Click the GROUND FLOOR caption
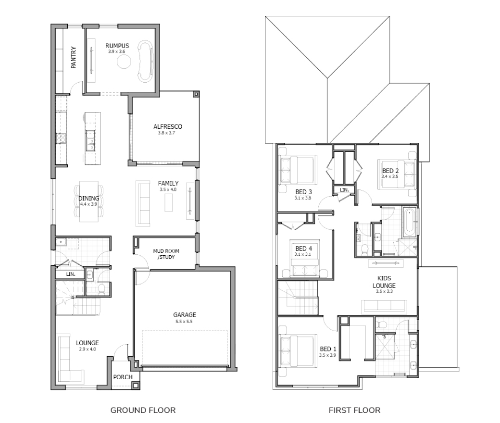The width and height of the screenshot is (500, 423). click(143, 410)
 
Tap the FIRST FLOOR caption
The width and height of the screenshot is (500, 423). click(355, 410)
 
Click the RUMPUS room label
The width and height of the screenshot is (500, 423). click(117, 46)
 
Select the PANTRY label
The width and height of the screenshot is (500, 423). click(74, 57)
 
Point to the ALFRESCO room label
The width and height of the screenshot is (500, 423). click(168, 126)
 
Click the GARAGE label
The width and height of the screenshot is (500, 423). click(184, 315)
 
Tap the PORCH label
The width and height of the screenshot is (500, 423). click(123, 377)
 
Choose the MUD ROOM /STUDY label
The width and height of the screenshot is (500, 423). click(166, 254)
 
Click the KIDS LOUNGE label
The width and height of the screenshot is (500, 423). click(384, 282)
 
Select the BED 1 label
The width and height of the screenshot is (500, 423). click(328, 349)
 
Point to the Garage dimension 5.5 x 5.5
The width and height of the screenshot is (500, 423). click(184, 322)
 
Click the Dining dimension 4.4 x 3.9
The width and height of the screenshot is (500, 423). click(88, 204)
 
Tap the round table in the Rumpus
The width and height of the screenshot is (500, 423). click(124, 61)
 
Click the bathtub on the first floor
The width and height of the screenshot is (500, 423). click(410, 223)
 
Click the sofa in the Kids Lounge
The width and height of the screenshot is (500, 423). click(384, 306)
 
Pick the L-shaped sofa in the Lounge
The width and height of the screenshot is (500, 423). click(68, 359)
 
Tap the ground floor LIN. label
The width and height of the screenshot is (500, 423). click(71, 274)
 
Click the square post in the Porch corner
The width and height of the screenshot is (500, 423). click(136, 386)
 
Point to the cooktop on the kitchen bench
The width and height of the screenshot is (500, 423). click(61, 137)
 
